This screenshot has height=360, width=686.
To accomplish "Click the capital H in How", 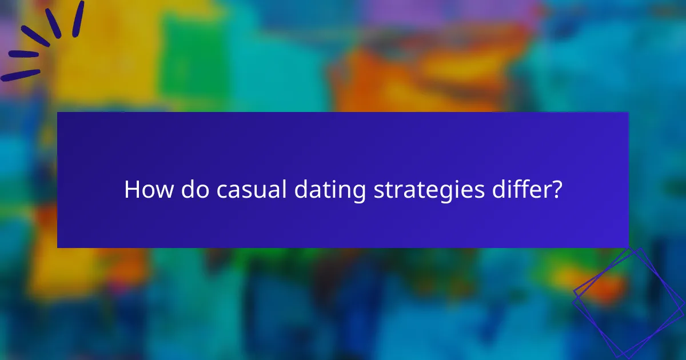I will [131, 190].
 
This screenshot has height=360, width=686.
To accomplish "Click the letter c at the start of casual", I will [221, 191].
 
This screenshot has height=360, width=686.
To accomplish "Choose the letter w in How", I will [163, 191].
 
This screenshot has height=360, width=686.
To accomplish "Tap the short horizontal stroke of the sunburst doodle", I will [23, 54].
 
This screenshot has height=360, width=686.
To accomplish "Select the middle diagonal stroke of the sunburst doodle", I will [35, 36].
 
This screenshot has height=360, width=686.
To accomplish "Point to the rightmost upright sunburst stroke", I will [78, 18].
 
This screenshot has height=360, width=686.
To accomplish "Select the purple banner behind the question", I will [343, 143].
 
